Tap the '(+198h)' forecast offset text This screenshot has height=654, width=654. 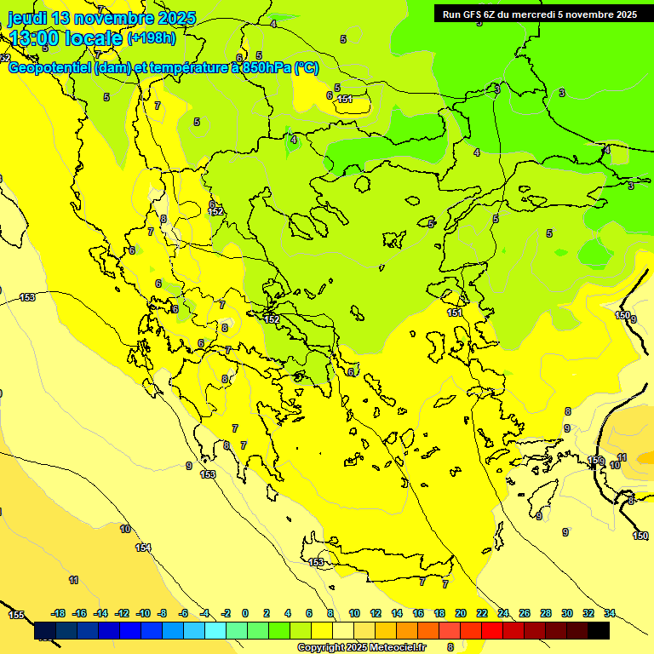pyautogui.click(x=152, y=37)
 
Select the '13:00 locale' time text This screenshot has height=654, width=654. pyautogui.click(x=66, y=37)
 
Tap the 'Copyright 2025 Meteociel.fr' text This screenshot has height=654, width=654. pyautogui.click(x=361, y=647)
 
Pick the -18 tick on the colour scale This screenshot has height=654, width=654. pyautogui.click(x=58, y=613)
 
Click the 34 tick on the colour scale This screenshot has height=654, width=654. pyautogui.click(x=610, y=613)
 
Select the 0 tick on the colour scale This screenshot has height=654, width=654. pyautogui.click(x=245, y=613)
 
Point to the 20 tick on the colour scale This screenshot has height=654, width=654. pyautogui.click(x=461, y=613)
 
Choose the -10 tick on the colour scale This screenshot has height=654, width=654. pyautogui.click(x=143, y=613)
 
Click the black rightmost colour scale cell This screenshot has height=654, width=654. pyautogui.click(x=599, y=631)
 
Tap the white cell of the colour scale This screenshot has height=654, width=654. pyautogui.click(x=343, y=631)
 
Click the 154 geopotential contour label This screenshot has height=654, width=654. pyautogui.click(x=143, y=548)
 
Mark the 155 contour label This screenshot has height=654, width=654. pyautogui.click(x=16, y=614)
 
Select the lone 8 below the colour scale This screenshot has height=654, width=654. pyautogui.click(x=450, y=646)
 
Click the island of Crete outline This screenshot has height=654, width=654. pyautogui.click(x=383, y=569)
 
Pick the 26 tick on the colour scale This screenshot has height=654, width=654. pyautogui.click(x=525, y=613)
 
